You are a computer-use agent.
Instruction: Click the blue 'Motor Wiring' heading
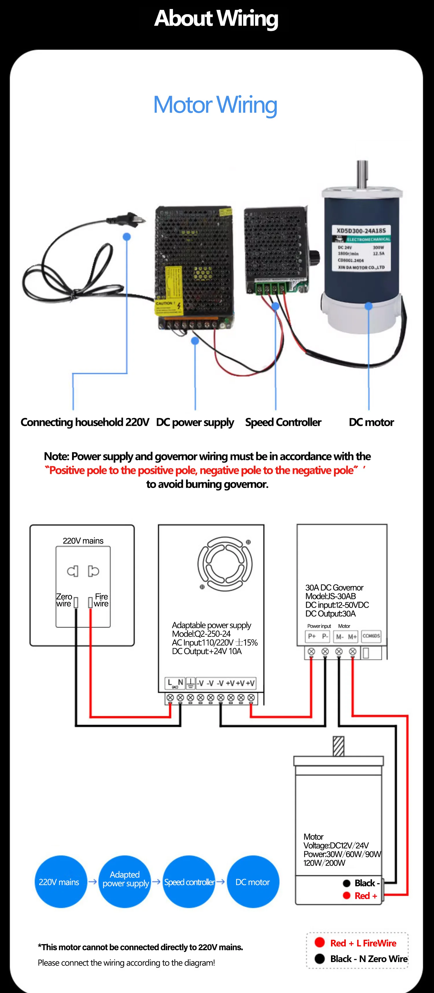pyautogui.click(x=215, y=105)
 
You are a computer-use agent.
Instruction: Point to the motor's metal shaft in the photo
pyautogui.click(x=362, y=174)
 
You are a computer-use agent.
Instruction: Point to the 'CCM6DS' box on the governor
pyautogui.click(x=371, y=636)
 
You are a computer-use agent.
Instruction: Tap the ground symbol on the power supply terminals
pyautogui.click(x=190, y=684)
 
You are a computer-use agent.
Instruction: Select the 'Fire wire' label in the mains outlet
pyautogui.click(x=101, y=600)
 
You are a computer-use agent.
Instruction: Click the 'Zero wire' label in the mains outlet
pyautogui.click(x=64, y=600)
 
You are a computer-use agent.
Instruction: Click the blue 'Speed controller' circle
pyautogui.click(x=189, y=882)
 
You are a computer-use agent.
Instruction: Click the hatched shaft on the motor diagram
pyautogui.click(x=339, y=746)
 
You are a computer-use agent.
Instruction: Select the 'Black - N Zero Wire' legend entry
pyautogui.click(x=361, y=959)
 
